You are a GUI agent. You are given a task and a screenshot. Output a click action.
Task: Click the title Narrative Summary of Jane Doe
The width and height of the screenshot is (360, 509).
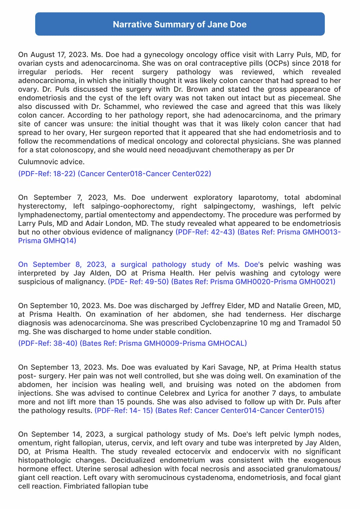[x=180, y=24]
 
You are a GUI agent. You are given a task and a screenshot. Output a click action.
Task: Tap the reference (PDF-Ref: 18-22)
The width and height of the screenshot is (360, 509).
[x=47, y=174]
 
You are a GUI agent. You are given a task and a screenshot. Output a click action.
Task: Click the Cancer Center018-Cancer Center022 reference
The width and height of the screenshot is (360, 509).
[x=144, y=174]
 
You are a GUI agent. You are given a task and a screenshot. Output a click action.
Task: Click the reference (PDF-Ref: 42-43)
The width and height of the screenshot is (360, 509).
[x=205, y=232]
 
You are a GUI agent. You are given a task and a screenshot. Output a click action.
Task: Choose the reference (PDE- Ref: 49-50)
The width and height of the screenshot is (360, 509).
[x=138, y=282]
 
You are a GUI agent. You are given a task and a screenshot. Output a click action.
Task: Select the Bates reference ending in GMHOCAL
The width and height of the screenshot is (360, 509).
[x=163, y=343]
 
